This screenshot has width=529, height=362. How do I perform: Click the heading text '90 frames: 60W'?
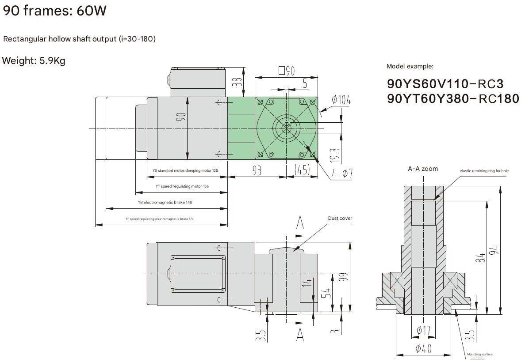pos(55,11)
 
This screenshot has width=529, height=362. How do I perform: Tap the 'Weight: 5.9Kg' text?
pos(34,61)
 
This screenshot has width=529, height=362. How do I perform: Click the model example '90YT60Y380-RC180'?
pos(453,99)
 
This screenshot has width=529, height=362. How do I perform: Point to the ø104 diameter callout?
pos(341,101)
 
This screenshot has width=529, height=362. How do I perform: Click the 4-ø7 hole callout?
pos(341,173)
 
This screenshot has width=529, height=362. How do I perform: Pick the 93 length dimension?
pos(257,171)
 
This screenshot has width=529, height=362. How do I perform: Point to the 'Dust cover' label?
pos(340,218)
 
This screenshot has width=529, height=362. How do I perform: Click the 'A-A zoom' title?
pos(423,169)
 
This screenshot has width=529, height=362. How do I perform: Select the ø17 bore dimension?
pos(424,330)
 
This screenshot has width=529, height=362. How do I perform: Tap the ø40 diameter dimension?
pos(423,349)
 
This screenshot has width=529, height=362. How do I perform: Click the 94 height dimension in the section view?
pos(495,249)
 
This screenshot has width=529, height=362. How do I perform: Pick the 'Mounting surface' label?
pos(479,354)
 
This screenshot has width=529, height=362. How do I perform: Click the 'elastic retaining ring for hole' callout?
pos(484,171)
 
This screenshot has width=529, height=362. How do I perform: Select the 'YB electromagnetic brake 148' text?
pos(165,202)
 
